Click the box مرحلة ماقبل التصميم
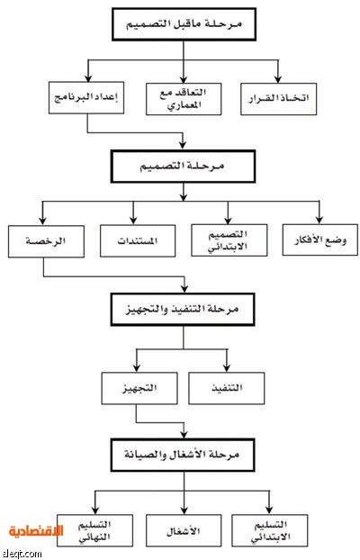tap(184, 24)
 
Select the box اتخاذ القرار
tap(279, 99)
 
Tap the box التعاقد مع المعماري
tap(184, 99)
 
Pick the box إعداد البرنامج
tap(86, 98)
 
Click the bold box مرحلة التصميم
tap(183, 167)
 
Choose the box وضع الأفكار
tap(320, 239)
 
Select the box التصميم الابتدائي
tap(229, 240)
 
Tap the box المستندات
tap(138, 240)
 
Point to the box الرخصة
tap(46, 241)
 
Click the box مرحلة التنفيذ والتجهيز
tap(183, 310)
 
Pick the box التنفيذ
tap(227, 388)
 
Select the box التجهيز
tap(139, 388)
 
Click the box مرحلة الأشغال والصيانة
tap(183, 455)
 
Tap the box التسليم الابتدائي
tap(270, 530)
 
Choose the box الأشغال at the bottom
tap(184, 530)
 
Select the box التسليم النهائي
tap(94, 530)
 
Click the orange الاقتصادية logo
tap(36, 531)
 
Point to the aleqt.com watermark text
tap(22, 554)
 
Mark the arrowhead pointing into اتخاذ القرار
tap(278, 79)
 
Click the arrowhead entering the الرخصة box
tap(42, 221)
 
